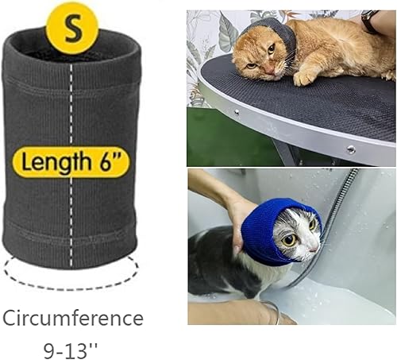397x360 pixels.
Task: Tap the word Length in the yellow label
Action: coord(55,164)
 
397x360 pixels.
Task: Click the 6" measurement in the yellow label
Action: coord(112,164)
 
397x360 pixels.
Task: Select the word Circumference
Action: coord(72,319)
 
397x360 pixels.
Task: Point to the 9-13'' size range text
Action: coord(73,347)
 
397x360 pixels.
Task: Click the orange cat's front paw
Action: coord(305,77)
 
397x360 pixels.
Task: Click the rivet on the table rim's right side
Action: coord(349,149)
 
